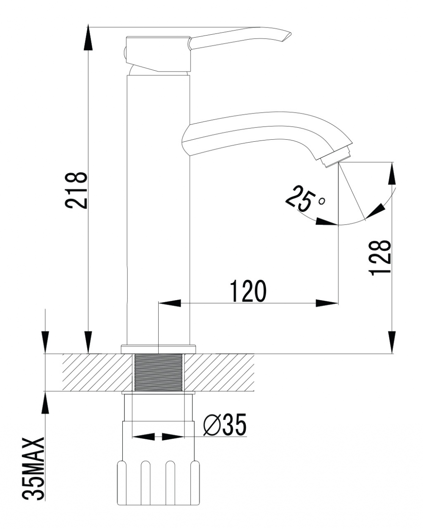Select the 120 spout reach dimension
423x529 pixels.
(x=248, y=291)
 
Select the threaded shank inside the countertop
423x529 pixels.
(x=159, y=372)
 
